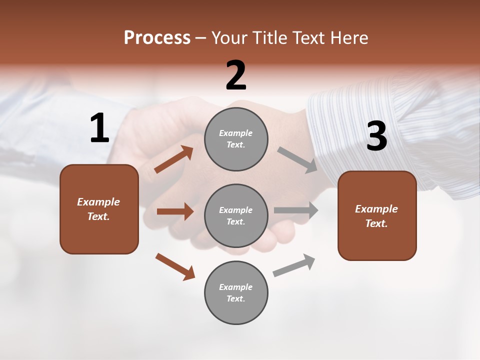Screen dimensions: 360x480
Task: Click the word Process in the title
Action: pos(157,38)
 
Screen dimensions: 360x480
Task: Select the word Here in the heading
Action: pos(348,38)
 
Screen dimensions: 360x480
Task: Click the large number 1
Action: pos(99,128)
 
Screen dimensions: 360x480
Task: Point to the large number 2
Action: pos(236,75)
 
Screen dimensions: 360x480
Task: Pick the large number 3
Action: pos(376,136)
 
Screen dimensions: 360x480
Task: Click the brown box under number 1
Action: pos(99,209)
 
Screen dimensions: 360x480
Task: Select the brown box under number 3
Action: pos(377,215)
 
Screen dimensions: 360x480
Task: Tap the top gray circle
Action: pos(236,139)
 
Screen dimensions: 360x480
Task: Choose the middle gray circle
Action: pos(236,215)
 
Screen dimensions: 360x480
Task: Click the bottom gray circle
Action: pos(236,292)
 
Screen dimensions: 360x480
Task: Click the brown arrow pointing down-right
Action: pos(175,266)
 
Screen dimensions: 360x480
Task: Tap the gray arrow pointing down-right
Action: pos(297,160)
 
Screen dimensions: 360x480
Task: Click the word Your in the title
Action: pos(230,38)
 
